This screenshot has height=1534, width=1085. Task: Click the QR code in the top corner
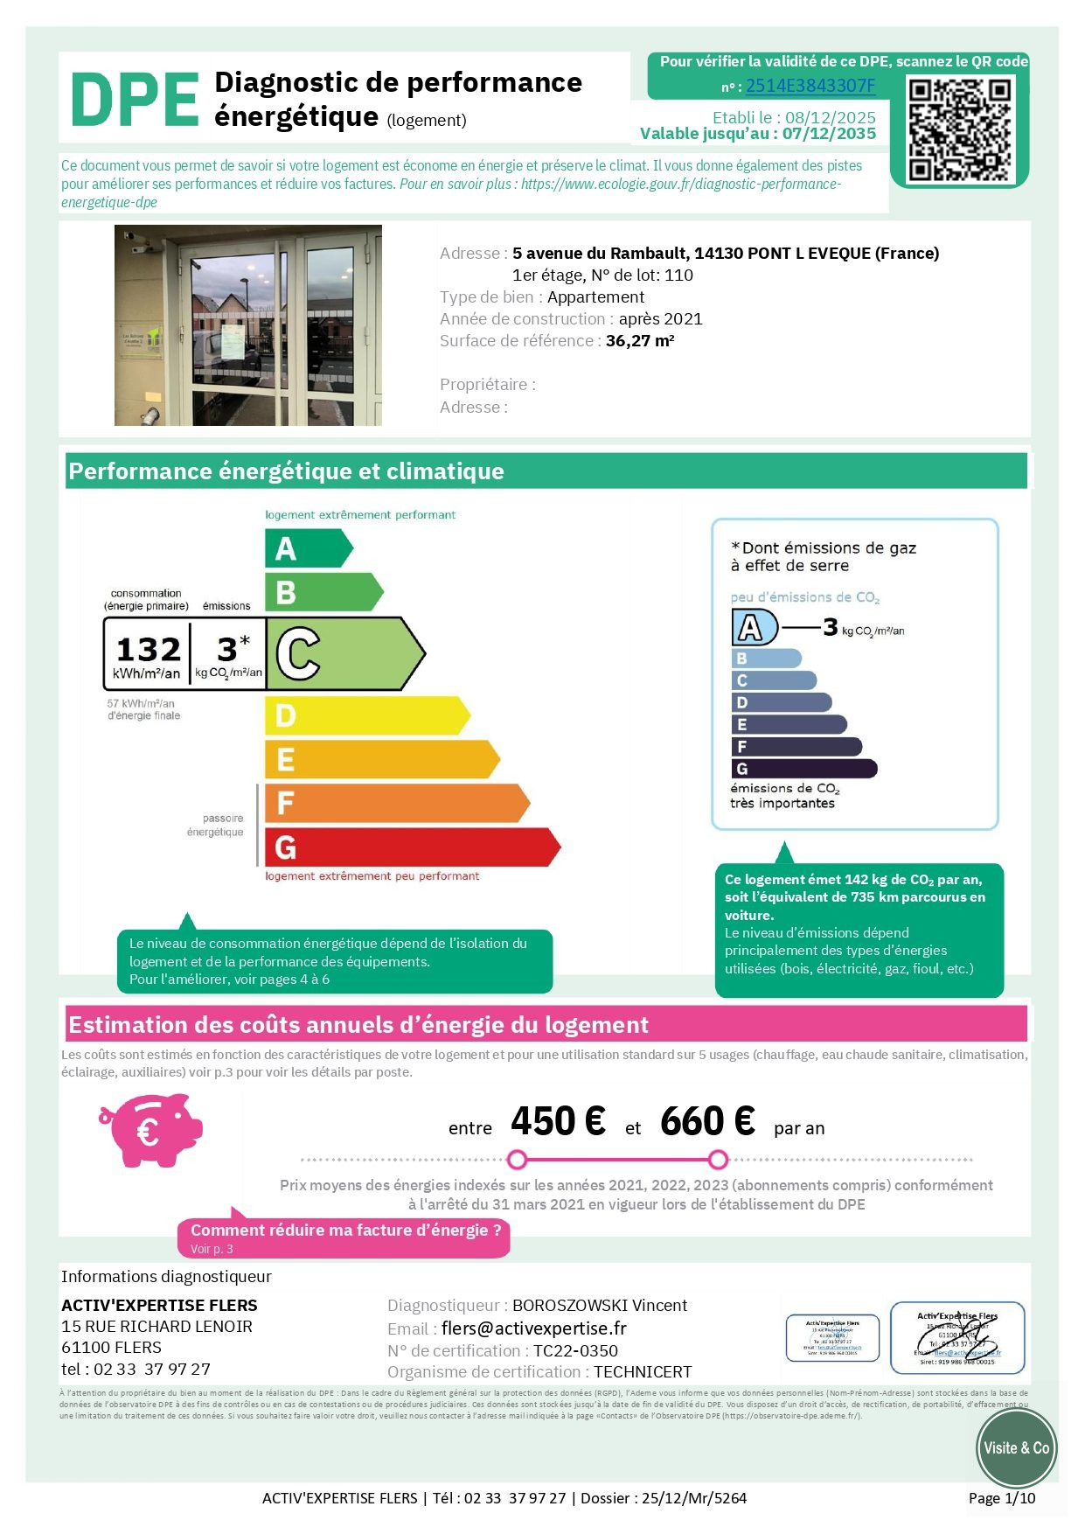pos(959,129)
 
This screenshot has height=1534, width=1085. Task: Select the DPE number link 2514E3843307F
pos(810,86)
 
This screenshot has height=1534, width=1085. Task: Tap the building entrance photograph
pos(248,325)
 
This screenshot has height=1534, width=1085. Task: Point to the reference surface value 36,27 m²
pos(639,341)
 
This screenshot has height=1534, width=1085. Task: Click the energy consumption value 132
pos(148,650)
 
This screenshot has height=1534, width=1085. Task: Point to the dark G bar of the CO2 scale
pos(803,769)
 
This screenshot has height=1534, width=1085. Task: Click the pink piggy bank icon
pos(150,1130)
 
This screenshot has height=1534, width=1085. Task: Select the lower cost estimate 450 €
pos(558,1121)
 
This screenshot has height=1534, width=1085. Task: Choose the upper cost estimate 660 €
pos(707,1121)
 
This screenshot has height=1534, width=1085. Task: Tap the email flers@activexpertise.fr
pos(533,1328)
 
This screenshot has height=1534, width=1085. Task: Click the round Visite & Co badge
pos(1016,1448)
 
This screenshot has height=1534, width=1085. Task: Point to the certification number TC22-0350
pos(575,1351)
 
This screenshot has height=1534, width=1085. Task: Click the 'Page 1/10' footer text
pos(1001,1498)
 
